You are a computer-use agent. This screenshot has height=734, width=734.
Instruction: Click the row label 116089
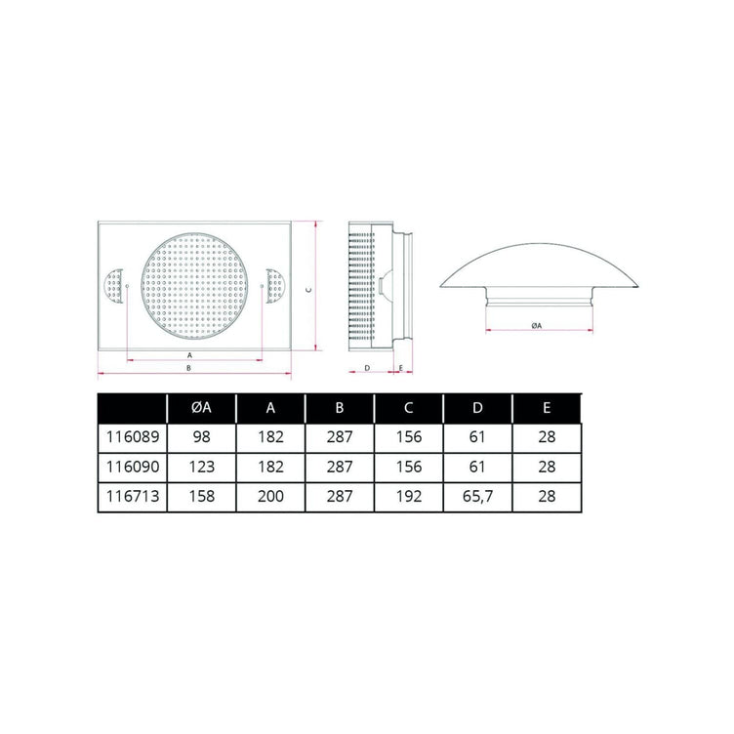133,437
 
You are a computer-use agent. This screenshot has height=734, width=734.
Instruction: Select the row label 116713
133,496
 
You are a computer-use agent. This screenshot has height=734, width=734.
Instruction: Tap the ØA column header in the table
201,408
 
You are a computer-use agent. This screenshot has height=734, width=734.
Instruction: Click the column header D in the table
477,408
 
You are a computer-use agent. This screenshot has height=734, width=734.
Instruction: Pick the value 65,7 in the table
477,496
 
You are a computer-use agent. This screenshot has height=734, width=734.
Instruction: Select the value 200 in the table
270,496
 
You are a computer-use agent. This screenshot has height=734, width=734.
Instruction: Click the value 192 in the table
409,496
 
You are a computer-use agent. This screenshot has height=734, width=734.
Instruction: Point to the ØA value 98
201,437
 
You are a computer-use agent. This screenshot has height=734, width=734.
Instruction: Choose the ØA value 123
201,467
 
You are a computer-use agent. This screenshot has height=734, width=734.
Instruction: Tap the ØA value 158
201,496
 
